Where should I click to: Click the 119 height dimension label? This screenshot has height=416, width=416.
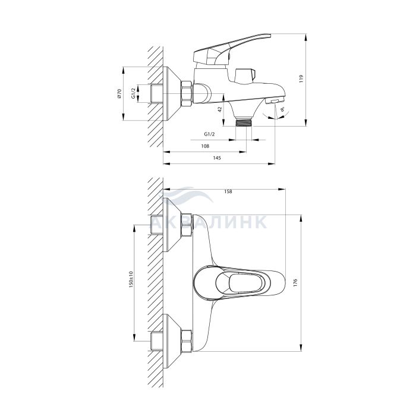pos(301,79)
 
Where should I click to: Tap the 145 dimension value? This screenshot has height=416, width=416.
pos(217,158)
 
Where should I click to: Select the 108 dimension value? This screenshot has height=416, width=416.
pos(205,146)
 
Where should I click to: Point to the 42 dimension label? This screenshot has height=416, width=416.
pos(219,109)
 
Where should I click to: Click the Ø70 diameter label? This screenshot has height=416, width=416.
pos(119,94)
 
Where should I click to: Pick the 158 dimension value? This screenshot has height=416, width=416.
pos(228,191)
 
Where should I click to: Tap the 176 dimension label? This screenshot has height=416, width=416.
pos(295,282)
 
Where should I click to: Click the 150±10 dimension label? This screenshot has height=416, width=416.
pos(131,280)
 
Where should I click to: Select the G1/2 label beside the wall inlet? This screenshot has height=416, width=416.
pos(134,93)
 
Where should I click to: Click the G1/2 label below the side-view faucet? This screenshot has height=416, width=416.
pos(209,134)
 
